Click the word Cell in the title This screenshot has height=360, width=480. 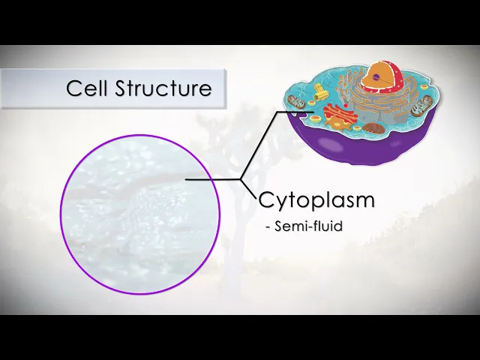pos(87,88)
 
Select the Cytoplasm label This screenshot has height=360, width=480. pos(316,200)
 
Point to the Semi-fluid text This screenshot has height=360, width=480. pos(308,226)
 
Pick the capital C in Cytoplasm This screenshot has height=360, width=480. pos(266,200)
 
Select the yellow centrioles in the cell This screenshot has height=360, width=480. pos(321,94)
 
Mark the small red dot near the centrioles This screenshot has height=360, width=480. pos(331,105)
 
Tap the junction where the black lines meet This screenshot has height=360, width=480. pos(241,180)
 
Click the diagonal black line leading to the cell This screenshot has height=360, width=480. pos(259,147)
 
